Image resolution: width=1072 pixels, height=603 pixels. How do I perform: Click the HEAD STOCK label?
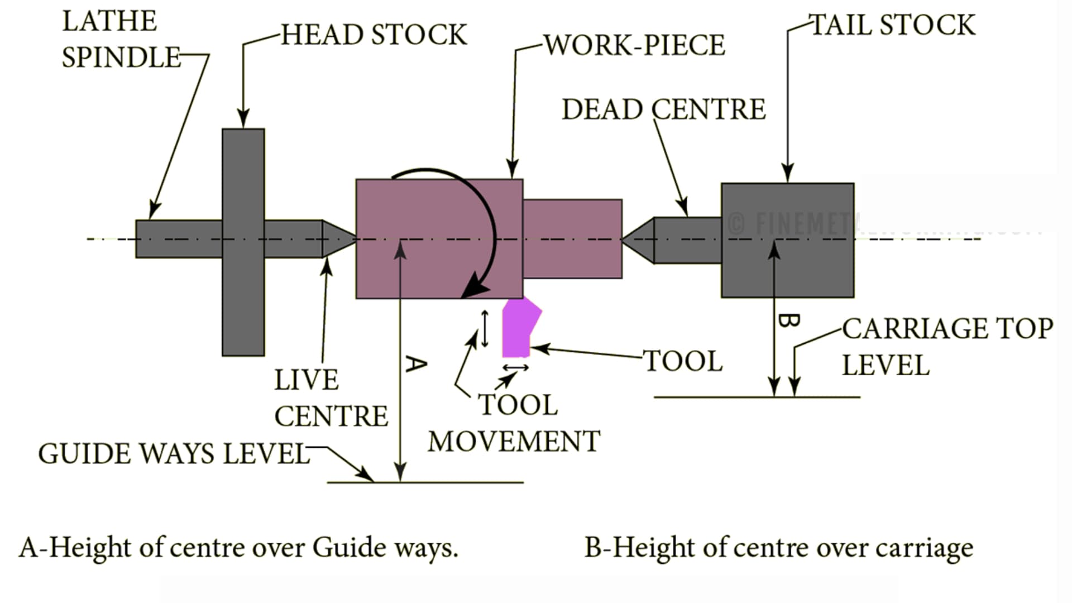[373, 35]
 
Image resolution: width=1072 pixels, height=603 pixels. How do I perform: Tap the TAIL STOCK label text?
[892, 25]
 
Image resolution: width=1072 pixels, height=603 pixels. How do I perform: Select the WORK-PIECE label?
[634, 45]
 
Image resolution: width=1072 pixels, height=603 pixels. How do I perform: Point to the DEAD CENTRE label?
[663, 109]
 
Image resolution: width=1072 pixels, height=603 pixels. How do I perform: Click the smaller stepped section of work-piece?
[572, 239]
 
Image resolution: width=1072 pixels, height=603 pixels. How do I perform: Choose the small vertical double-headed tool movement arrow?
[485, 328]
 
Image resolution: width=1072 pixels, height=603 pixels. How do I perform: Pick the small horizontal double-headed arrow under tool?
[515, 367]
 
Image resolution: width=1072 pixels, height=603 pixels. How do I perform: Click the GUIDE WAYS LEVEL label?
[173, 453]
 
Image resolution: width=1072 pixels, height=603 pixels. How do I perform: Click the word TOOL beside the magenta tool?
[683, 361]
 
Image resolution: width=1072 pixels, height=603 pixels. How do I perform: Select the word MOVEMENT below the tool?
[514, 441]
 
